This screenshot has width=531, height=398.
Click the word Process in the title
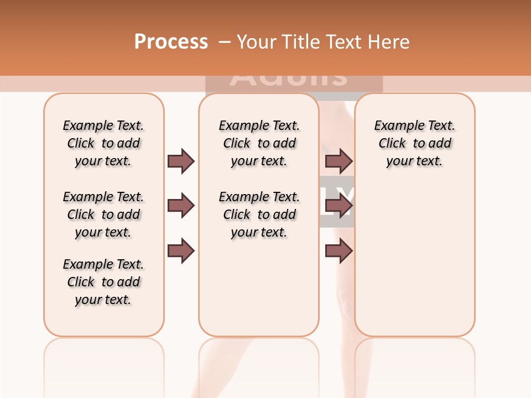coord(171,42)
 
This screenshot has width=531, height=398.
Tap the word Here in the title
coord(389,42)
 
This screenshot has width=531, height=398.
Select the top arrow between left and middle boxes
coord(181,161)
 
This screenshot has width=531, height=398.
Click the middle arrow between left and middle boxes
coord(181,206)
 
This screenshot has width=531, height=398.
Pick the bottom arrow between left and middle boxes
coord(181,251)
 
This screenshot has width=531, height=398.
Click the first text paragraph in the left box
coord(103,143)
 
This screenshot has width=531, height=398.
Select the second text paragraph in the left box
coord(103,214)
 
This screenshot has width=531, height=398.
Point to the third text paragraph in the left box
coord(103,282)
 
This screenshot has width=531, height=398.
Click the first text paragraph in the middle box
coord(259,143)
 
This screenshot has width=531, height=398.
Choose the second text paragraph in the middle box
coord(259,214)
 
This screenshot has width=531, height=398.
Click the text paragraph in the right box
coord(415,143)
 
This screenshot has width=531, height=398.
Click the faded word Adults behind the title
coord(289,81)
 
